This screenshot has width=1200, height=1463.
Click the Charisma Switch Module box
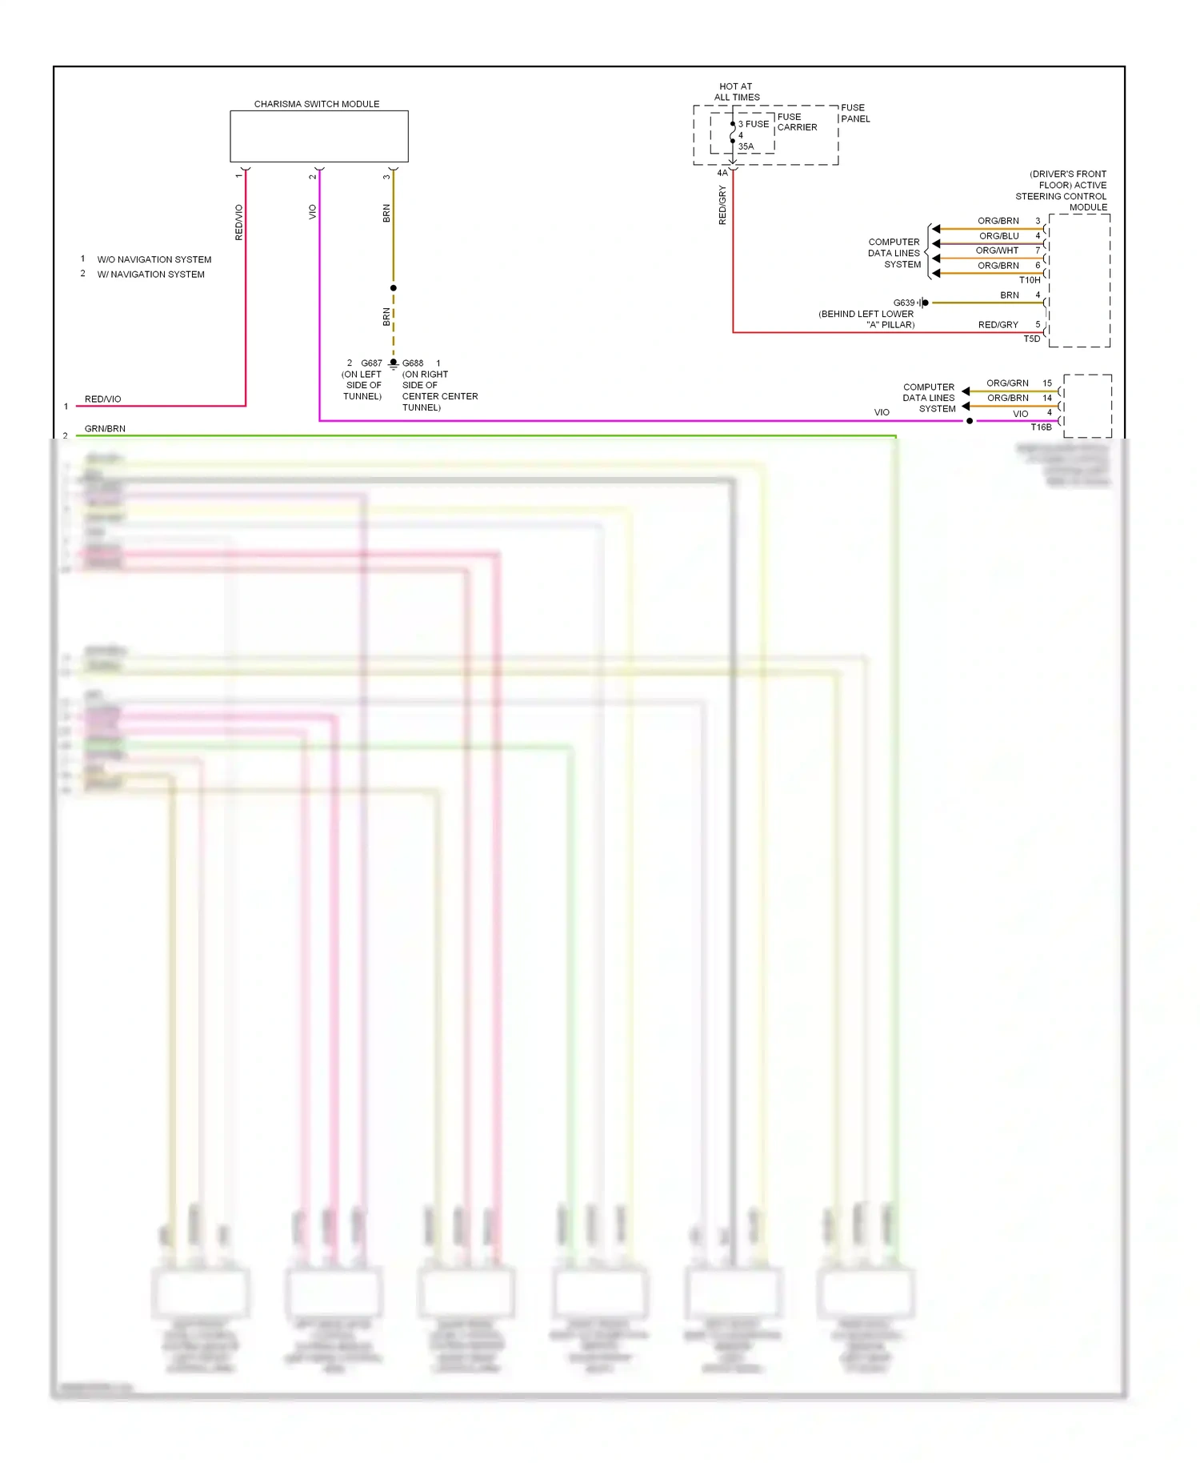tap(318, 136)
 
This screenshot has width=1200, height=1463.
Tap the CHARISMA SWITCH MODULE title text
tap(317, 104)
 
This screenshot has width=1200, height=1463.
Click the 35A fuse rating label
tap(746, 146)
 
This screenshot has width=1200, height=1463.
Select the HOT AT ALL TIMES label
tap(736, 92)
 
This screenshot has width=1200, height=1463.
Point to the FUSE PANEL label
tap(854, 113)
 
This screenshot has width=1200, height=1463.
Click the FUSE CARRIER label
tap(797, 122)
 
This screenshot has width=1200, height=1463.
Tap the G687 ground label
tap(371, 363)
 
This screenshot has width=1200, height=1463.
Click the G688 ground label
tap(413, 363)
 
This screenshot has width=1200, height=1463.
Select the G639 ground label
tap(903, 303)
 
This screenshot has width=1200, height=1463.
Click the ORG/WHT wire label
tap(997, 251)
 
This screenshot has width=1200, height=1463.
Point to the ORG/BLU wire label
tap(998, 236)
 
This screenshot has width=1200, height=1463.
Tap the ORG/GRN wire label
tap(1007, 383)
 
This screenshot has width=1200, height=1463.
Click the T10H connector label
tap(1030, 280)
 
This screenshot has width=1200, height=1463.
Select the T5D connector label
tap(1032, 339)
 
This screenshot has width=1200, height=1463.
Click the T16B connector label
tap(1041, 427)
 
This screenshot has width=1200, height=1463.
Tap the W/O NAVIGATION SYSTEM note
tap(154, 259)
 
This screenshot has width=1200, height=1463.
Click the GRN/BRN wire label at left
tap(105, 429)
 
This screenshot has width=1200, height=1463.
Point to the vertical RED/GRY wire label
tap(722, 205)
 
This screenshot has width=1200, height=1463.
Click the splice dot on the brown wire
tap(393, 288)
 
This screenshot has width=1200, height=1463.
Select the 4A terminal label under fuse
tap(722, 173)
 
